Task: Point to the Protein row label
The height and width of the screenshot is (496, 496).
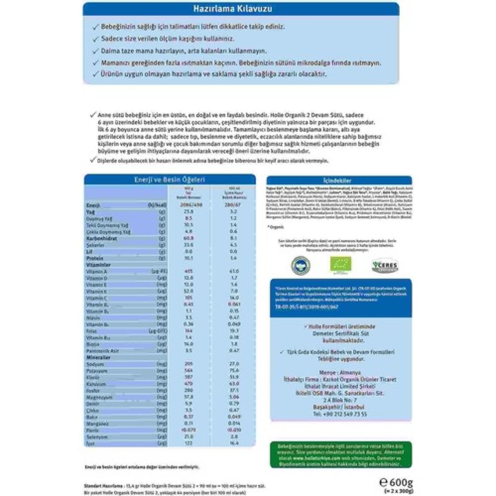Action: click(95, 258)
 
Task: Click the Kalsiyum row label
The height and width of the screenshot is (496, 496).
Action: click(96, 384)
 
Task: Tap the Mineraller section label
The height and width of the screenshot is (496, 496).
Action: click(98, 358)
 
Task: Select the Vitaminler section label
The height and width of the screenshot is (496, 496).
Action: click(99, 265)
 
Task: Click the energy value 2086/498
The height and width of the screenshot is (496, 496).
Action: click(188, 205)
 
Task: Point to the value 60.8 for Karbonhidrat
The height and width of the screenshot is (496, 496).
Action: click(188, 238)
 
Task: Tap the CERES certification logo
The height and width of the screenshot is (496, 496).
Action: click(385, 265)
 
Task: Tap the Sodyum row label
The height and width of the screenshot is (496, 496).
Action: click(95, 364)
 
